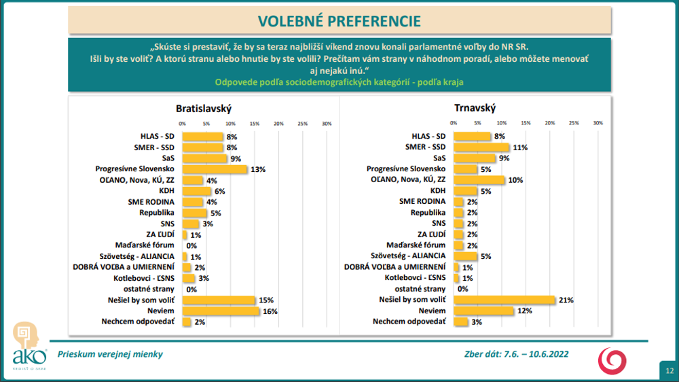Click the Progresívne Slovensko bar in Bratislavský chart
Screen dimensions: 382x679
[215, 169]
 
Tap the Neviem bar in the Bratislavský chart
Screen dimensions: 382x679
[221, 311]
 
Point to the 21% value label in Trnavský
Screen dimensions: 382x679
[566, 300]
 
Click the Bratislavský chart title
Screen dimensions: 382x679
[204, 109]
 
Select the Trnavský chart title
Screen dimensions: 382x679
[475, 108]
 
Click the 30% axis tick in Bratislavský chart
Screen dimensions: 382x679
[327, 123]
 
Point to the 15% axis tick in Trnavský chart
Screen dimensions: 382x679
[526, 123]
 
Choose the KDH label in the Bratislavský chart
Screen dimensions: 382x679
[166, 191]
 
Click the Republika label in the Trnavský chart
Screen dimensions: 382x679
[428, 213]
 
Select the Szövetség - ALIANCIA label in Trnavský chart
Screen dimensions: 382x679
[408, 256]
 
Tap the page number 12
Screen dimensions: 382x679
[669, 370]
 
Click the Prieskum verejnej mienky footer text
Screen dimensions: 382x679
[110, 354]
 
